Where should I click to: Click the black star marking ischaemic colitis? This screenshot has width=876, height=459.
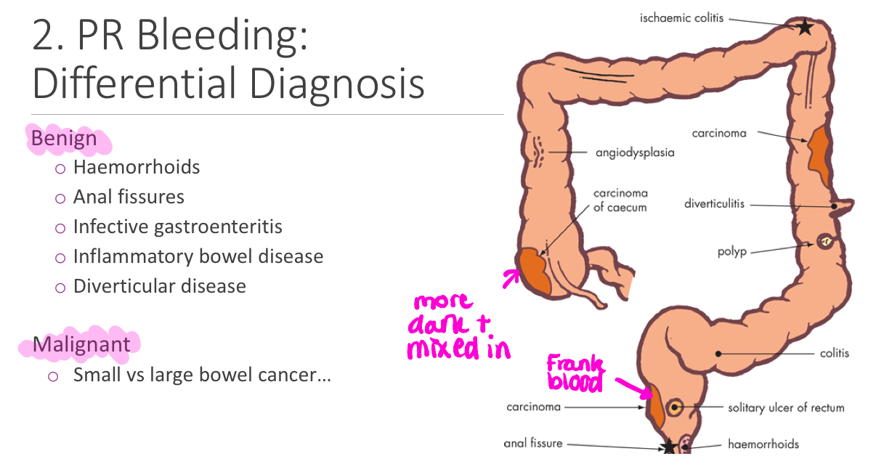pos(805,27)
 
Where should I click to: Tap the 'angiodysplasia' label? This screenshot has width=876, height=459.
pos(635,153)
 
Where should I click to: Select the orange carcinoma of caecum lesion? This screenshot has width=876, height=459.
pos(535,271)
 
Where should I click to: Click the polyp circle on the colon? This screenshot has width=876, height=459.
pos(825,242)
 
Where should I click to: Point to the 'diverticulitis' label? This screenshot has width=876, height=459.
pos(714,204)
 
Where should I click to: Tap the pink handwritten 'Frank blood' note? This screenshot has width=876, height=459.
pos(575,373)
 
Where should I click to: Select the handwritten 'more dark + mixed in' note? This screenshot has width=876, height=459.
pos(459,327)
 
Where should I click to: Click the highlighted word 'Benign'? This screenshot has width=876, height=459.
pos(64,138)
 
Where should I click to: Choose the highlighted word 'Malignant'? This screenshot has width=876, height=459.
pos(81,344)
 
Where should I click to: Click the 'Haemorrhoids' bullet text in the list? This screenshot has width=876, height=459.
pos(137,167)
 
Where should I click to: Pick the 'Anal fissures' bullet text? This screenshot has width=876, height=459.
pos(129,197)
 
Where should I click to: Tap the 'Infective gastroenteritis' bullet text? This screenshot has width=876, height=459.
pos(177,227)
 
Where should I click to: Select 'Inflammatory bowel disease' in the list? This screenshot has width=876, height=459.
pos(198,256)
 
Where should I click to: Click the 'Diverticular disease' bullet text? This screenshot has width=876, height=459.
pos(159,286)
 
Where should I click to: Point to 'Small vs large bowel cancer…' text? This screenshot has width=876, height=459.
pos(202,375)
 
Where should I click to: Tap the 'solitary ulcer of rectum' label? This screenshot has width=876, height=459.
pos(786,407)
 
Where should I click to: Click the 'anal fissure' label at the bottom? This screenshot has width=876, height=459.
pos(532,443)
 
